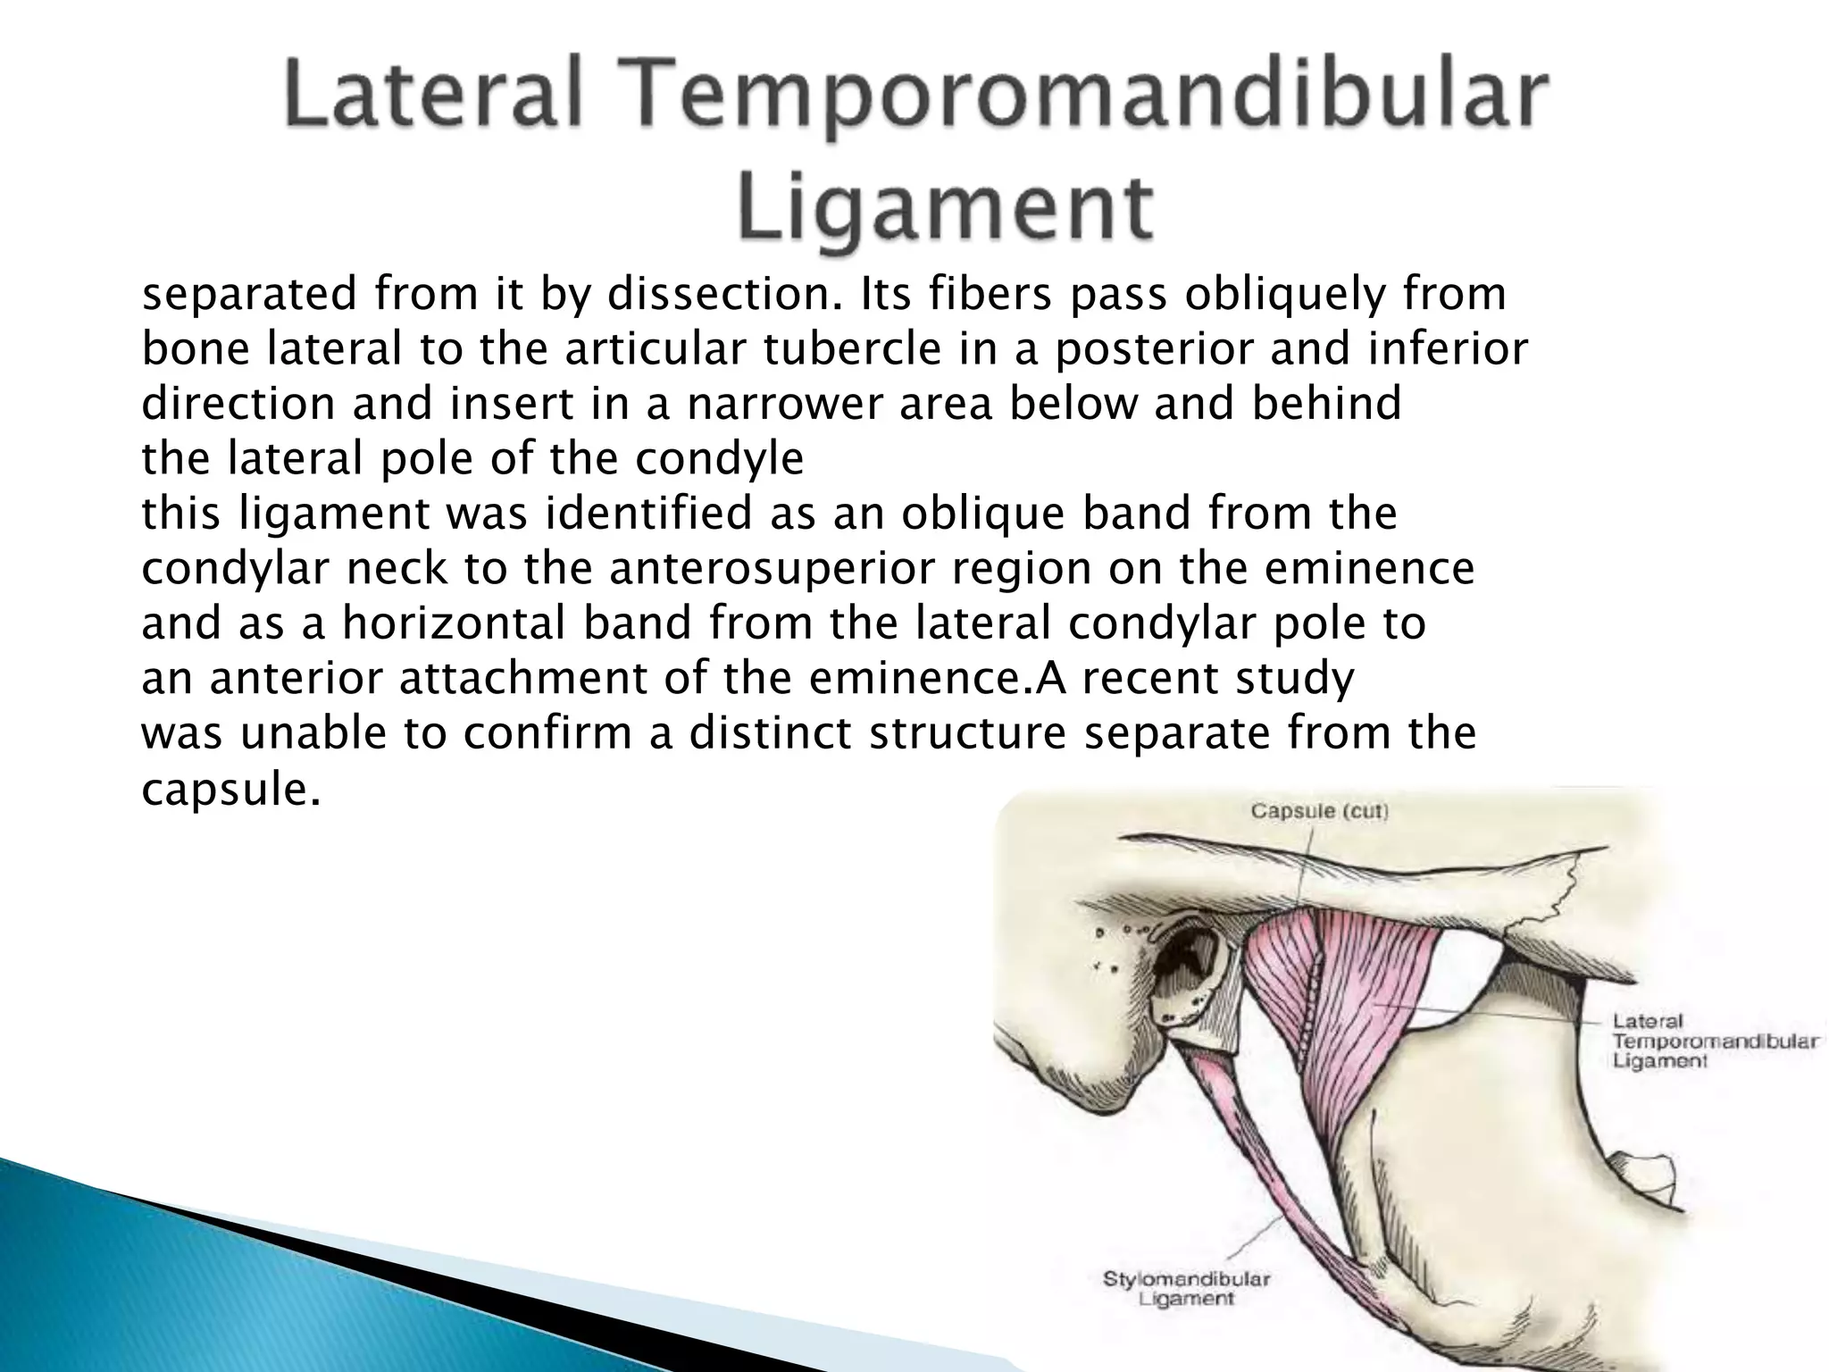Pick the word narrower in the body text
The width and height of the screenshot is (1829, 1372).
(785, 404)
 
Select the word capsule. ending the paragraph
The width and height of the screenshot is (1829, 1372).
(230, 789)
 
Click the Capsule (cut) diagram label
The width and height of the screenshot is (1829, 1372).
(1318, 811)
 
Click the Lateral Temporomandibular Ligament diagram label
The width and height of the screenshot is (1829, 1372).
(1713, 1041)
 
